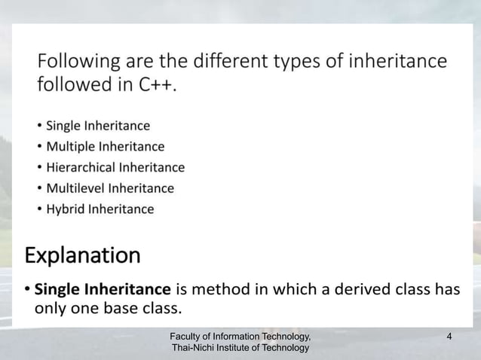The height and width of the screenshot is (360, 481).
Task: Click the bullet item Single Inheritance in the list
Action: coord(98,125)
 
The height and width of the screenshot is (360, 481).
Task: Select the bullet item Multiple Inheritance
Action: coord(105,146)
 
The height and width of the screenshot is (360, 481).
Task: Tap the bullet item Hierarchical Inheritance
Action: coord(115,167)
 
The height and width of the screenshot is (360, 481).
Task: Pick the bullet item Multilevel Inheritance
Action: coord(110,188)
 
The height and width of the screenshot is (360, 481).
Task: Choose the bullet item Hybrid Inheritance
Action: coord(100,209)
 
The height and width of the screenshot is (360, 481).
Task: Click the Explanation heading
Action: coord(82,256)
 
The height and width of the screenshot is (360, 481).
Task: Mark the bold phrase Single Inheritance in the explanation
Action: coord(103,288)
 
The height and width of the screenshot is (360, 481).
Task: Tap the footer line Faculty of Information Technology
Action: coord(240,335)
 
